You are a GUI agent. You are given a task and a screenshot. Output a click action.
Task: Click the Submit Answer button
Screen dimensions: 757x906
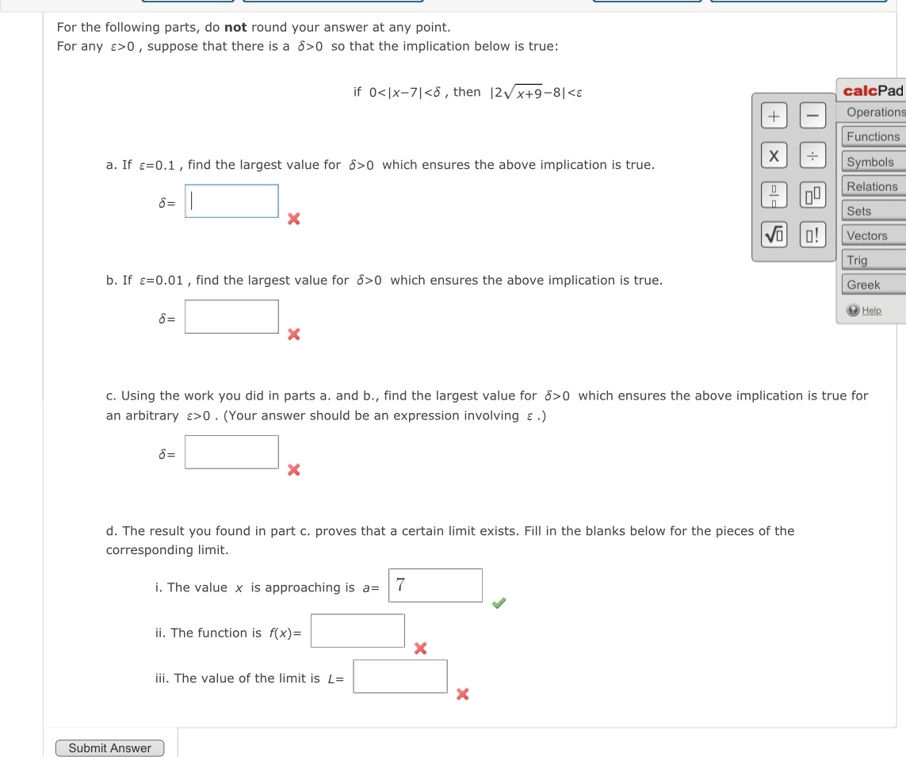109,748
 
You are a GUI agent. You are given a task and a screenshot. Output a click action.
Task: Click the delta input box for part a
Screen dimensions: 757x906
231,201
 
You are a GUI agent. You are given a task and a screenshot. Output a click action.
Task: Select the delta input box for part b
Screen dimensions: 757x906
231,316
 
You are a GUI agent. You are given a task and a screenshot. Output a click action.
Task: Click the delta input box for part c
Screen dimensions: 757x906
231,452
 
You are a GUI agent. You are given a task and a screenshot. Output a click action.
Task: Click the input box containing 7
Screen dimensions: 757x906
435,585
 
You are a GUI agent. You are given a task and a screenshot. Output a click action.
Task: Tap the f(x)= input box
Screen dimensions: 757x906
357,631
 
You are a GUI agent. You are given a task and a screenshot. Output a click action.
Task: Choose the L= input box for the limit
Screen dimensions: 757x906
399,676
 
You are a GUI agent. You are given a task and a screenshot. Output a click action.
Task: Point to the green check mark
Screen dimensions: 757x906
498,604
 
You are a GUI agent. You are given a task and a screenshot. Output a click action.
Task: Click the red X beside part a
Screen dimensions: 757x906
293,219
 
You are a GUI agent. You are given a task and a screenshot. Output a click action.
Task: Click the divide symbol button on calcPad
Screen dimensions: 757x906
812,155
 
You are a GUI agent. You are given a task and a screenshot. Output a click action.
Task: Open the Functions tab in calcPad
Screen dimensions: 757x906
873,136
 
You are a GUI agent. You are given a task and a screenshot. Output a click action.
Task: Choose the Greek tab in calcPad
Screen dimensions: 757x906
863,285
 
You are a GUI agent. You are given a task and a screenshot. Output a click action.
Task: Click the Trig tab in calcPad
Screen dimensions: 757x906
857,260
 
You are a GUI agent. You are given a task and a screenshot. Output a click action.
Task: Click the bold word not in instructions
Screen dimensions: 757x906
235,27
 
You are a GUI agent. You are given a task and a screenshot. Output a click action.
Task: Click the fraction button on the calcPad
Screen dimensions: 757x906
774,194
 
